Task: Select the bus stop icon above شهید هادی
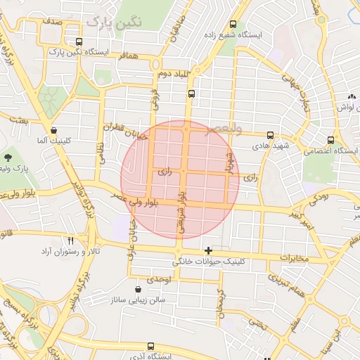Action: point(270,135)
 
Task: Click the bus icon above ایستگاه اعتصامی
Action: point(332,140)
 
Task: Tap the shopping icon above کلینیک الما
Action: point(53,129)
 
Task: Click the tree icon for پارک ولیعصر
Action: point(8,157)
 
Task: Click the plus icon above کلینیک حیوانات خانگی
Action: point(207,250)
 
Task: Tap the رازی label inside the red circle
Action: point(164,171)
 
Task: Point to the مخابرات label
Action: point(293,258)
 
